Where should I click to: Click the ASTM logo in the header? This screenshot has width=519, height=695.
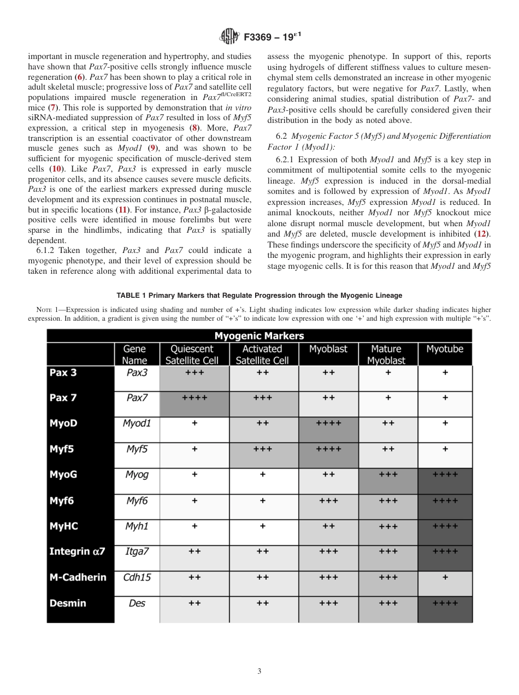click(229, 37)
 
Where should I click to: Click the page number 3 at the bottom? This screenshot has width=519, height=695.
click(259, 671)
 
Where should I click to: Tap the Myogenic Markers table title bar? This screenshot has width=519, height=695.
click(259, 335)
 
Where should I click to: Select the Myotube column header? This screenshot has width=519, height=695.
click(445, 354)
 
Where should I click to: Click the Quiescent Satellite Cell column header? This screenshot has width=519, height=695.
click(194, 354)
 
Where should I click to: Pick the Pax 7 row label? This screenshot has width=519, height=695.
click(63, 398)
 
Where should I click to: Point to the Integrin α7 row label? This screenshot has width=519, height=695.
click(77, 551)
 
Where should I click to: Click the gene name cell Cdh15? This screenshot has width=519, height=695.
click(137, 577)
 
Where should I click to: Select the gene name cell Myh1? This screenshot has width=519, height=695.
click(137, 526)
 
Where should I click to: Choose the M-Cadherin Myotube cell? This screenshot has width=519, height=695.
click(445, 577)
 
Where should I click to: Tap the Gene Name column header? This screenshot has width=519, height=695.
click(135, 354)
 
